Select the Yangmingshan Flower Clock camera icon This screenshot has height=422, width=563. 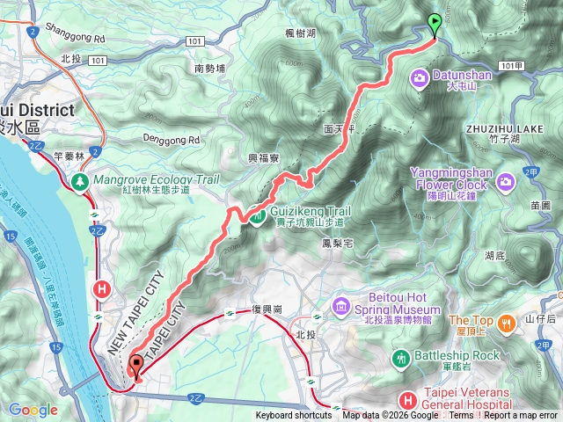pyautogui.click(x=505, y=182)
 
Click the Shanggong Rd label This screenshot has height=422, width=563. pyautogui.click(x=69, y=39)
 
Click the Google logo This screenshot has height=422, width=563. pyautogui.click(x=33, y=410)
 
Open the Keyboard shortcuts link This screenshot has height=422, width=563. pyautogui.click(x=294, y=416)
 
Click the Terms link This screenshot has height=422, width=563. pyautogui.click(x=461, y=416)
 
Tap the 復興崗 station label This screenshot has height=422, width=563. pyautogui.click(x=265, y=310)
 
